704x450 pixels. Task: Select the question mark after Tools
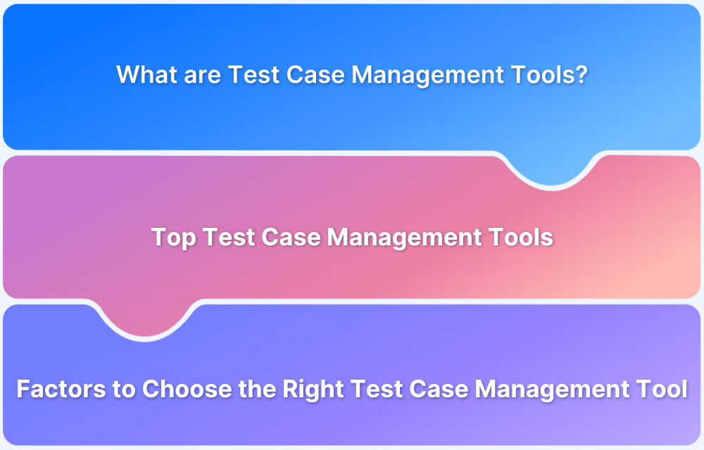582,75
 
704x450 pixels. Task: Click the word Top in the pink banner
173,238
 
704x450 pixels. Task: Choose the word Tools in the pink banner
521,238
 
